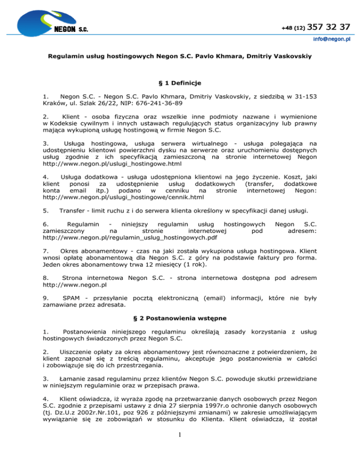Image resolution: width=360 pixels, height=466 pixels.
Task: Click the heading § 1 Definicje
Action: click(180, 83)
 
